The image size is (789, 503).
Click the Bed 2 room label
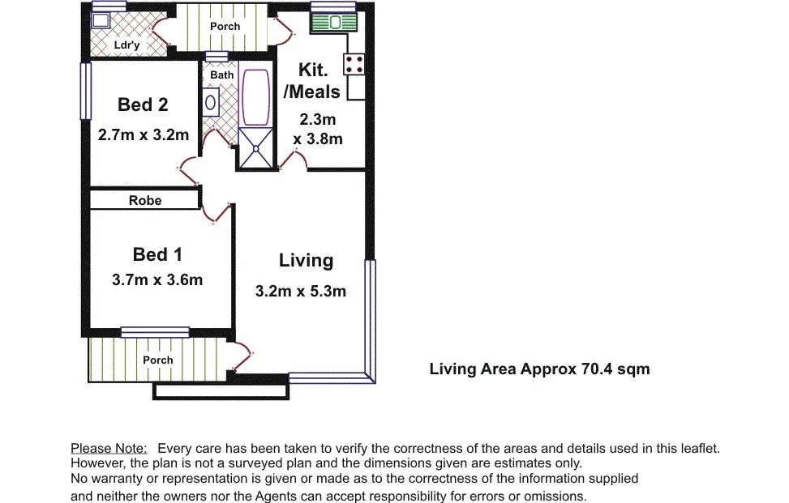pyautogui.click(x=143, y=104)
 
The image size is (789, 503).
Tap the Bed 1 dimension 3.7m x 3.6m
pyautogui.click(x=157, y=280)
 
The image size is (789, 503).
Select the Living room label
pyautogui.click(x=306, y=260)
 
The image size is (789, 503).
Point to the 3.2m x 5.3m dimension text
pyautogui.click(x=301, y=291)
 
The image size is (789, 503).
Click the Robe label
pyautogui.click(x=145, y=200)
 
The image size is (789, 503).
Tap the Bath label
pyautogui.click(x=221, y=75)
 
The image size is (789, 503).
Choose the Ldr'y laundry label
pyautogui.click(x=126, y=45)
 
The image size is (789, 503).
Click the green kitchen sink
pyautogui.click(x=333, y=22)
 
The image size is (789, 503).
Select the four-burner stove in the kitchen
pyautogui.click(x=354, y=64)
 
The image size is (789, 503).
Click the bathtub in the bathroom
pyautogui.click(x=255, y=97)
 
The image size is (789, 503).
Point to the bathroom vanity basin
pyautogui.click(x=210, y=103)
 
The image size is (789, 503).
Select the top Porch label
pyautogui.click(x=225, y=26)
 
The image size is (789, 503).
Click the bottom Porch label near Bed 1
pyautogui.click(x=158, y=360)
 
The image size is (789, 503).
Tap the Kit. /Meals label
pyautogui.click(x=312, y=81)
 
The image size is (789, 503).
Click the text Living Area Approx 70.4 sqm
pyautogui.click(x=539, y=369)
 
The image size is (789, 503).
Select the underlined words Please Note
pyautogui.click(x=109, y=448)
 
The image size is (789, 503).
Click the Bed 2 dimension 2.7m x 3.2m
pyautogui.click(x=144, y=135)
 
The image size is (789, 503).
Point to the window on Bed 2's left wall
pyautogui.click(x=84, y=91)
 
